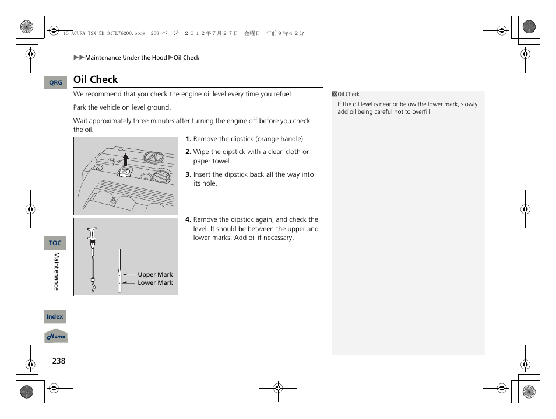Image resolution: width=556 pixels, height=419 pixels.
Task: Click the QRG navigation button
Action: pos(55,83)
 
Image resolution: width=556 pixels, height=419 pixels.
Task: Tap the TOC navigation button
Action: pos(55,243)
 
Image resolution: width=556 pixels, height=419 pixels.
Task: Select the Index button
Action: pos(55,316)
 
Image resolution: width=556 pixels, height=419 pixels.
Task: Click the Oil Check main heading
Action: pos(96,79)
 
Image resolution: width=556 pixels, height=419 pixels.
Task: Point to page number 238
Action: pos(58,361)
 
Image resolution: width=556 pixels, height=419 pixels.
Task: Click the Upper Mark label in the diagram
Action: pos(155,274)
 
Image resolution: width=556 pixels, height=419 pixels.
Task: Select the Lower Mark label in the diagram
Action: pos(155,283)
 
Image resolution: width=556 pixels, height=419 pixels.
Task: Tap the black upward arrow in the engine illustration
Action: pos(125,159)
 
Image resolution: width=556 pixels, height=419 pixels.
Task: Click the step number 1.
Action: pos(188,139)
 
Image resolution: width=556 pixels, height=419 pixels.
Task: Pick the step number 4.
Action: pos(188,220)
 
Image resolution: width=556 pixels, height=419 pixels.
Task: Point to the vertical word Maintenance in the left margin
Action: pos(57,271)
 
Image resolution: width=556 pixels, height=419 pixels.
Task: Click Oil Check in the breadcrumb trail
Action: pos(186,58)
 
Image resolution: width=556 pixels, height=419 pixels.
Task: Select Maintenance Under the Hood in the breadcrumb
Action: pos(126,58)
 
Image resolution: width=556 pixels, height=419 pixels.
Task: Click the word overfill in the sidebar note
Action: pos(420,112)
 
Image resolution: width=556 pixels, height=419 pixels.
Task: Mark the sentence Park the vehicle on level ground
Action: pos(122,107)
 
